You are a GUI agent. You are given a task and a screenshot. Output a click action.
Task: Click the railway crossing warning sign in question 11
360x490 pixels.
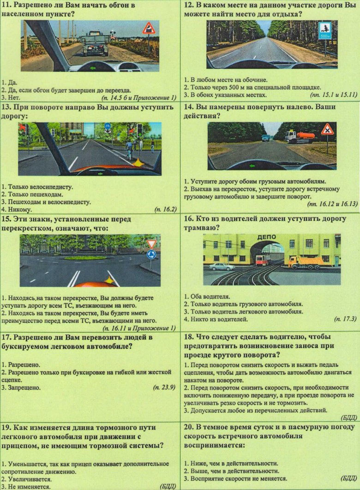click(149, 29)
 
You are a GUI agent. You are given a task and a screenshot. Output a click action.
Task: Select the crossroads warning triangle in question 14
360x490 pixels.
click(327, 129)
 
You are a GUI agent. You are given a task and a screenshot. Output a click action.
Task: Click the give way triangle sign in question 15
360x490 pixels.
click(151, 244)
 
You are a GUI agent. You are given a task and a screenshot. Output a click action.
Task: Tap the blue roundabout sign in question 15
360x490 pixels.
click(151, 254)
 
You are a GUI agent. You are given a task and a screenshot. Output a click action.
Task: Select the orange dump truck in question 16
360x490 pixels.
click(304, 262)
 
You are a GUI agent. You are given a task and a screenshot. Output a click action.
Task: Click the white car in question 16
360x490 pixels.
click(222, 266)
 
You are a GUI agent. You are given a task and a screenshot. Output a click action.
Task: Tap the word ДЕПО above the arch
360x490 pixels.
click(266, 237)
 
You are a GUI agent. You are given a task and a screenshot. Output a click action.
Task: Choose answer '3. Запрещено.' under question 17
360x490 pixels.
click(21, 388)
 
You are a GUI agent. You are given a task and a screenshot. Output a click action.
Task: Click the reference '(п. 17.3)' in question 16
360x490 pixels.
click(345, 319)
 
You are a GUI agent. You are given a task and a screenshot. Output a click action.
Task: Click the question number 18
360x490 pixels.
click(189, 337)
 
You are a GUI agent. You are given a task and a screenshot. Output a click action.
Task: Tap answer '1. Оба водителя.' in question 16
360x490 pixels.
click(207, 296)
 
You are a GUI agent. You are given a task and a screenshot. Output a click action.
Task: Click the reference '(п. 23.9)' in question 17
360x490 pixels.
click(164, 387)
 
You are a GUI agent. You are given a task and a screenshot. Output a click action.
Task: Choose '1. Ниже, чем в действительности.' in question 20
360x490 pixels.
click(231, 463)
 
